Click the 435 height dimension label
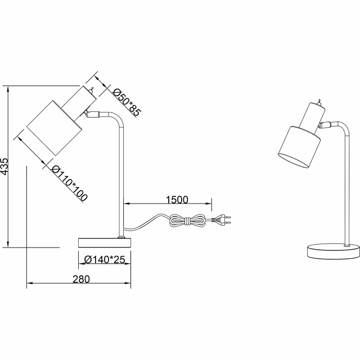tap(4, 168)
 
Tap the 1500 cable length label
tap(177, 200)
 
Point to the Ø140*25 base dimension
tap(104, 259)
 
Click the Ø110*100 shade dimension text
tap(70, 181)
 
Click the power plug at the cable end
tap(222, 220)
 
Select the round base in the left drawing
tap(104, 242)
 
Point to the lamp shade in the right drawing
tap(300, 147)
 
